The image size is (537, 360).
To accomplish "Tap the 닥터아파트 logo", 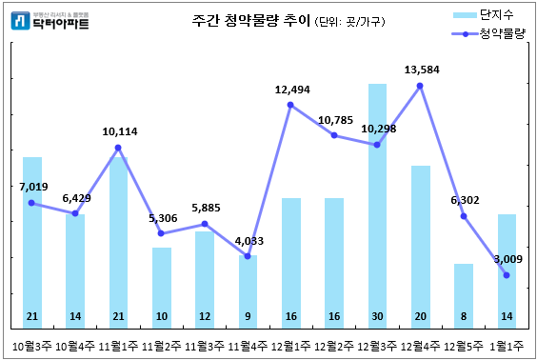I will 48,20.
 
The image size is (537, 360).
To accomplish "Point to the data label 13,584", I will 421,70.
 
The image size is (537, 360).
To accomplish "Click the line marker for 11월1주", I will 118,148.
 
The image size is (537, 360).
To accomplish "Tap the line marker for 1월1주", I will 507,275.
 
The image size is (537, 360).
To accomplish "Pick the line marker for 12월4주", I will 421,86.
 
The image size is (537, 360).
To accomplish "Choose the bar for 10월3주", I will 32,238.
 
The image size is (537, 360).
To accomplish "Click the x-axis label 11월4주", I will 248,346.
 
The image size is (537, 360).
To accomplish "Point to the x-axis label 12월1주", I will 291,346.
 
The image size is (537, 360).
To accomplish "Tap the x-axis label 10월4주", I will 75,346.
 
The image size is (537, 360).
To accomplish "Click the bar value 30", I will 377,315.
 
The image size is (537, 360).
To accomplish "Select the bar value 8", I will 464,315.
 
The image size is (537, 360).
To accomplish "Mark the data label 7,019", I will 33,188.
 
